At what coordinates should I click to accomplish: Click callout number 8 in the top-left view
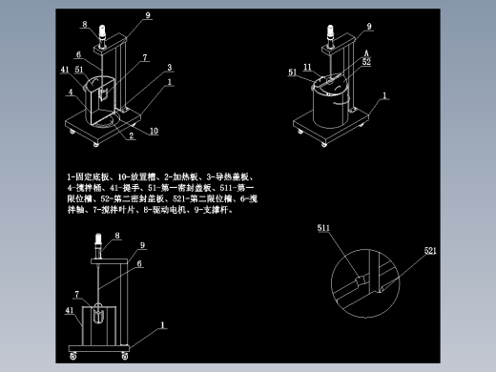pyautogui.click(x=83, y=24)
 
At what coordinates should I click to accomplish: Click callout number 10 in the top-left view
pyautogui.click(x=153, y=131)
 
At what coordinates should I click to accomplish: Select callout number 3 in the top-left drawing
pyautogui.click(x=169, y=68)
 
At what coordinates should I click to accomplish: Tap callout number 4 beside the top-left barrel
pyautogui.click(x=70, y=93)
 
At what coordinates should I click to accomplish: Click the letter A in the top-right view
pyautogui.click(x=365, y=53)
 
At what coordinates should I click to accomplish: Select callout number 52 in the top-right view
pyautogui.click(x=365, y=62)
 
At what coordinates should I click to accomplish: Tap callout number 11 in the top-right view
pyautogui.click(x=307, y=66)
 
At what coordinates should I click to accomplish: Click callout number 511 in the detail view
pyautogui.click(x=323, y=229)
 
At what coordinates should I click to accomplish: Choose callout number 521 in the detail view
pyautogui.click(x=430, y=250)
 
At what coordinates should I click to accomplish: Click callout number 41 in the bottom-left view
pyautogui.click(x=70, y=311)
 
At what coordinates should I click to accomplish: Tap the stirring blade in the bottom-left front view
pyautogui.click(x=98, y=314)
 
